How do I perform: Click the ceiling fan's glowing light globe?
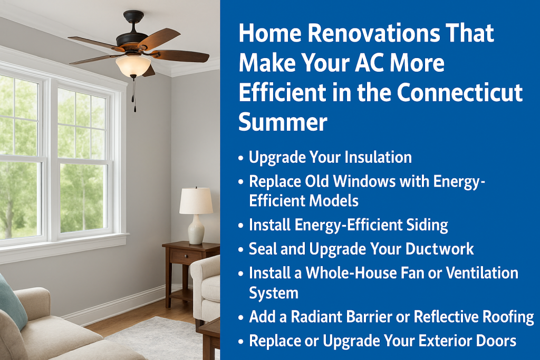[x=133, y=66]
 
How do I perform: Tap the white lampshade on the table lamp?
[x=196, y=201]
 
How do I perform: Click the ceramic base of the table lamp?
[x=196, y=229]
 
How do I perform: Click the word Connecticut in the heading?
[x=459, y=92]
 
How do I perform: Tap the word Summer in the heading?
[x=283, y=122]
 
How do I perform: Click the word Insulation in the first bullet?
[x=378, y=157]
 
